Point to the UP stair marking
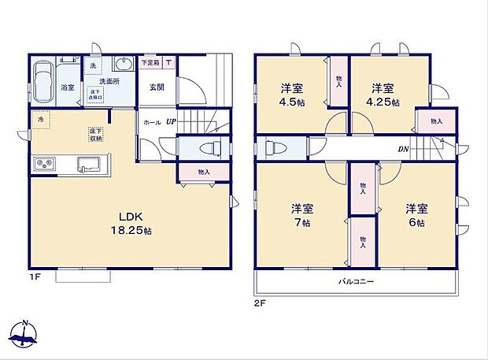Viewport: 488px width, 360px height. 170,123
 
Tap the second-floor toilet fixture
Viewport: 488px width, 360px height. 271,147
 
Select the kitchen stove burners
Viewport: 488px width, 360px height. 45,165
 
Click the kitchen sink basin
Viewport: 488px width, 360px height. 87,165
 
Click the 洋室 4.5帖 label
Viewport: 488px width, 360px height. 292,95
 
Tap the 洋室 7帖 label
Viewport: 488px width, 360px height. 302,216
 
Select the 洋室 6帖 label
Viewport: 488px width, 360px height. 416,216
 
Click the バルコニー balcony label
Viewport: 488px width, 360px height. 356,281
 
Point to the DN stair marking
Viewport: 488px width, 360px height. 402,147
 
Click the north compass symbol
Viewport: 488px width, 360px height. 25,333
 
